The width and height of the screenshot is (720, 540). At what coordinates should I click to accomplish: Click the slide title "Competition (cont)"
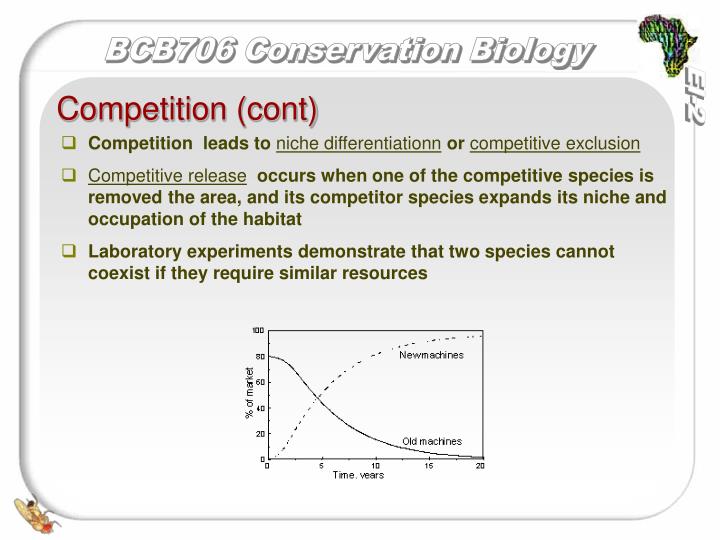[187, 107]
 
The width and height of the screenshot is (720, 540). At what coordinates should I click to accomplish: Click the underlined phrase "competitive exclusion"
[555, 144]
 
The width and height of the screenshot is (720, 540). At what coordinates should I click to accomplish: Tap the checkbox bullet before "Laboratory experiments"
[69, 251]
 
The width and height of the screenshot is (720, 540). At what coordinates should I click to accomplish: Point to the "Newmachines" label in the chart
[431, 356]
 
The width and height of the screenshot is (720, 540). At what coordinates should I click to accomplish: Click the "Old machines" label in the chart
[431, 441]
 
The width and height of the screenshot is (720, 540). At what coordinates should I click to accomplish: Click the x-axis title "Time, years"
[358, 475]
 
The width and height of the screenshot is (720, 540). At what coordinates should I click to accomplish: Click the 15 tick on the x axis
[429, 466]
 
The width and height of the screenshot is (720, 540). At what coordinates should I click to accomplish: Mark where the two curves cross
[319, 397]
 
